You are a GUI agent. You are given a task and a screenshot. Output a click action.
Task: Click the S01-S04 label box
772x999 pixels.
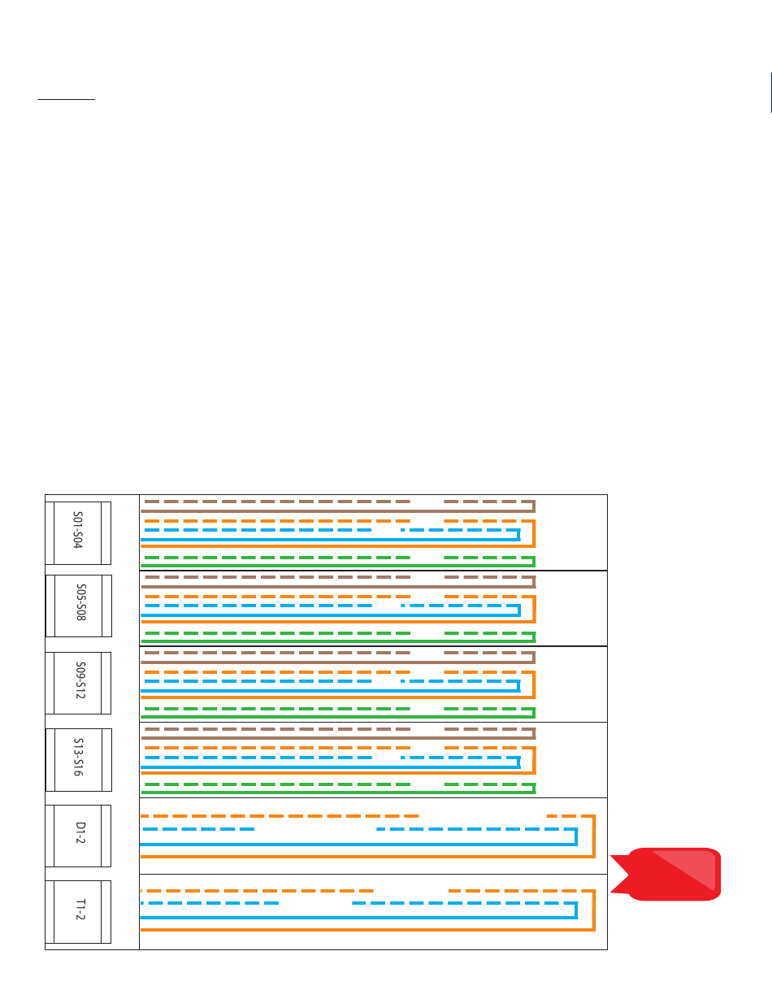point(78,533)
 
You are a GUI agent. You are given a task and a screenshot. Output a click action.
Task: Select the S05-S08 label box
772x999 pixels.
point(78,606)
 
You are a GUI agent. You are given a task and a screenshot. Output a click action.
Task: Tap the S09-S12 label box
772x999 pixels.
point(78,683)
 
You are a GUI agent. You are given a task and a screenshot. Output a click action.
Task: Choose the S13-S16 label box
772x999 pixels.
point(78,759)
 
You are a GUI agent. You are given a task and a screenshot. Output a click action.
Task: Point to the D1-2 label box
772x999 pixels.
point(78,836)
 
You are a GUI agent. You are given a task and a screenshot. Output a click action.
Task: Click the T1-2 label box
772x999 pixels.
point(78,912)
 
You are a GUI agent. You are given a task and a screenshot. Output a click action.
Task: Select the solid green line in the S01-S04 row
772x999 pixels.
point(325,565)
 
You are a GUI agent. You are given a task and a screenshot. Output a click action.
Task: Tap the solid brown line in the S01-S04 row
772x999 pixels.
point(325,510)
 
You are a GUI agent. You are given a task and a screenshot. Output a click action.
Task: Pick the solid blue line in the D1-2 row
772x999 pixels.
point(325,845)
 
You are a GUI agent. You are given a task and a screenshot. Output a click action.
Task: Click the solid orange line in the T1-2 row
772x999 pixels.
point(325,930)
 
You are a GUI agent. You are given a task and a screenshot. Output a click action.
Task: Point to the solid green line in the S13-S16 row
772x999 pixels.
point(325,792)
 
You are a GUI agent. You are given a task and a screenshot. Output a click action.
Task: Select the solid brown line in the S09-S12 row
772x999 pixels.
point(325,662)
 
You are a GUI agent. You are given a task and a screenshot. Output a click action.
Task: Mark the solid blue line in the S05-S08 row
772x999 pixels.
point(325,615)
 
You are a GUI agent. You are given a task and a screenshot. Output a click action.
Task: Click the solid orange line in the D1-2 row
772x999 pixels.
point(325,856)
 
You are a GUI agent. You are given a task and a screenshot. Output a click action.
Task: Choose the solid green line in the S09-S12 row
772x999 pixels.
point(325,716)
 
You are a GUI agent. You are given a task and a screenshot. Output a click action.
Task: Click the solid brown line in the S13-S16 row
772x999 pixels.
point(325,737)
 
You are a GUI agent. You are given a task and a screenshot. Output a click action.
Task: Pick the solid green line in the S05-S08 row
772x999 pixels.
point(325,641)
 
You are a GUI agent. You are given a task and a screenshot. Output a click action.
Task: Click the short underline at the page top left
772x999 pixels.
point(66,101)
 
